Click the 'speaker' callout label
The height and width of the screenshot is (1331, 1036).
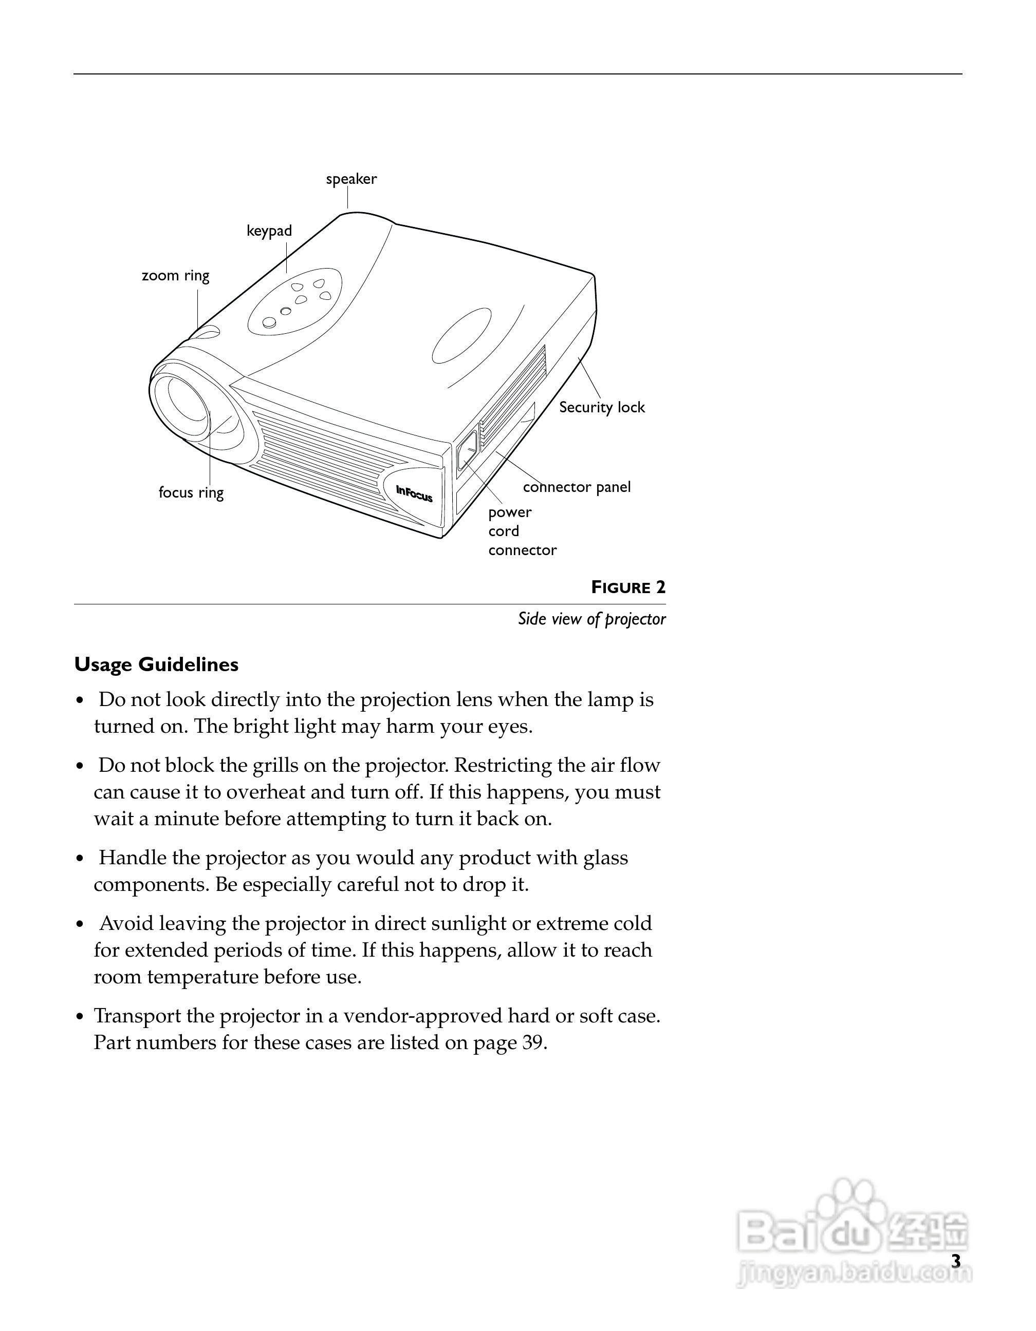(351, 179)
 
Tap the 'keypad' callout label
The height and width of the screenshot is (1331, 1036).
(269, 231)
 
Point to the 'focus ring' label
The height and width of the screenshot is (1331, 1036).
(191, 492)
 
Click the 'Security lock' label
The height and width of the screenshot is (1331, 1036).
(602, 407)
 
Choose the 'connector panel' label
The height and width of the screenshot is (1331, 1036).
(576, 487)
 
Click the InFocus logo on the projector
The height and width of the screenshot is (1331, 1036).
(414, 493)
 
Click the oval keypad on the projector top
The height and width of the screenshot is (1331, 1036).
(295, 301)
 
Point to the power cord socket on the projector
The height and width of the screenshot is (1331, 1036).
(467, 451)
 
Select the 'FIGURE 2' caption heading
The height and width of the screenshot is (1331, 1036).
(628, 587)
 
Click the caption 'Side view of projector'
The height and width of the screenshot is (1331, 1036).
(591, 619)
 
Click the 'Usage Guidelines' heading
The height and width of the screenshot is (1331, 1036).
(156, 664)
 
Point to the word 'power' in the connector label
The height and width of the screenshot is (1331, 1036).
(510, 512)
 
